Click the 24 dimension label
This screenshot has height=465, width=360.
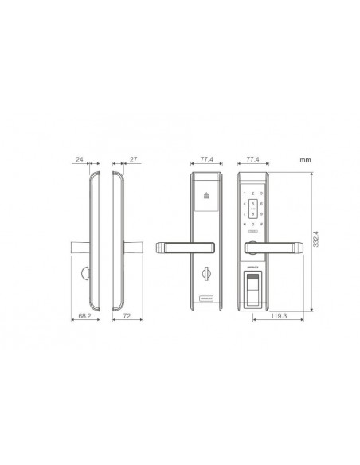pyautogui.click(x=80, y=160)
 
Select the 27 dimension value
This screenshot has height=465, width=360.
pyautogui.click(x=134, y=160)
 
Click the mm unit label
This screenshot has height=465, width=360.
pyautogui.click(x=304, y=160)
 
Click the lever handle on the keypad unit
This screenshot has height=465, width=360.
pyautogui.click(x=273, y=248)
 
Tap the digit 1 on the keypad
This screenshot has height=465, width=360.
pyautogui.click(x=245, y=193)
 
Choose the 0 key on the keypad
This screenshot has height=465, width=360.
pyautogui.click(x=253, y=225)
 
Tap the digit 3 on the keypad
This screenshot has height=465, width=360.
pyautogui.click(x=262, y=193)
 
